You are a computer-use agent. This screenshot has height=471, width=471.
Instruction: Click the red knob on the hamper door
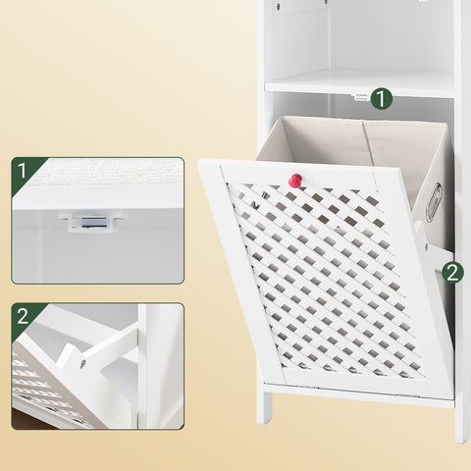coord(296,181)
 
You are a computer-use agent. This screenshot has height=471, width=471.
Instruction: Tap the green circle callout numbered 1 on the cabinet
coord(382,98)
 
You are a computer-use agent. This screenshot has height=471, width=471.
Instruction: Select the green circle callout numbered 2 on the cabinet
coord(452,273)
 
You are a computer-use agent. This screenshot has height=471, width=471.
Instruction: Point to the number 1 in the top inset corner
coord(22,171)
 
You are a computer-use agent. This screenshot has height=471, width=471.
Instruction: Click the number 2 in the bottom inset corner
coord(23,316)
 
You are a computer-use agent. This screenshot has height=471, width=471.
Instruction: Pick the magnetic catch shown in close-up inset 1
coord(91,221)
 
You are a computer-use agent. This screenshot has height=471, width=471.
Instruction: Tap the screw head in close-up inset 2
coord(82,363)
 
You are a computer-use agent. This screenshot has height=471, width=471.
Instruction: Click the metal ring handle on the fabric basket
coord(434,202)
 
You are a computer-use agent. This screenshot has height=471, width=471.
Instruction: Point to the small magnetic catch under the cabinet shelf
coord(360,97)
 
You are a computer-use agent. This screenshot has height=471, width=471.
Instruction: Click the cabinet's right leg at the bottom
coord(462,424)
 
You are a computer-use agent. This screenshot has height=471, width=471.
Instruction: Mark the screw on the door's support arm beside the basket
coord(426,245)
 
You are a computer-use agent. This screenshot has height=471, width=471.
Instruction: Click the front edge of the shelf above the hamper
coord(359,89)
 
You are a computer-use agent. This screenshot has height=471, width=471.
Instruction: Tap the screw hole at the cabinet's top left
coord(278,6)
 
